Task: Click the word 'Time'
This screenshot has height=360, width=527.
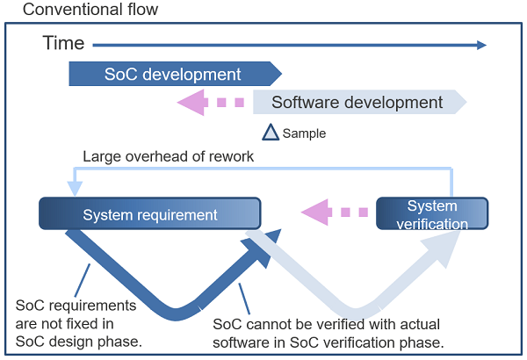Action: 63,43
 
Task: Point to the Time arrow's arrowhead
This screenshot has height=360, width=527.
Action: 480,43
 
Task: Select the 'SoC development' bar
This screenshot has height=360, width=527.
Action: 174,75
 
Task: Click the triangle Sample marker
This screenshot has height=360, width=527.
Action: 271,133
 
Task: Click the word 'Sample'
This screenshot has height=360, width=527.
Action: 304,134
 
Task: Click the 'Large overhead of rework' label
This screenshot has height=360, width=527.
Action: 168,157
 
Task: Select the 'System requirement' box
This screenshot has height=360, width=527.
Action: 150,214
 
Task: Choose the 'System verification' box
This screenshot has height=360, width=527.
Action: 432,214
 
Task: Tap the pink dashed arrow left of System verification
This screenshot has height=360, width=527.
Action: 333,212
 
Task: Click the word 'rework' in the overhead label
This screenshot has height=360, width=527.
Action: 231,157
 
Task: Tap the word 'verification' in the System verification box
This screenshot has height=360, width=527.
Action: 432,224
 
